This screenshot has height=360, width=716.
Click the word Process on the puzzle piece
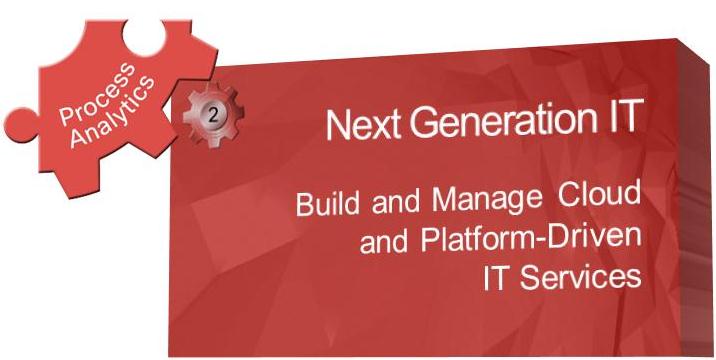97,93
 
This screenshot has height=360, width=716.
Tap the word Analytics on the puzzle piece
112,112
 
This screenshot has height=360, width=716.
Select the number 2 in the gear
213,116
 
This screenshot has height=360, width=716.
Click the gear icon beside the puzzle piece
213,115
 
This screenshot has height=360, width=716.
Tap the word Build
327,203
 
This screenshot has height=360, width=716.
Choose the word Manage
487,200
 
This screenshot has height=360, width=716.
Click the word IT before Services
497,278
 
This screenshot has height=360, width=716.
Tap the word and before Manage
395,201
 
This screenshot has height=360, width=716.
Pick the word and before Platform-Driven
384,242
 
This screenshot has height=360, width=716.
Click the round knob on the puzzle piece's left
19,124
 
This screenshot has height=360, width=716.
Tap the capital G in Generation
424,123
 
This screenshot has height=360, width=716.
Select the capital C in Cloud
570,195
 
